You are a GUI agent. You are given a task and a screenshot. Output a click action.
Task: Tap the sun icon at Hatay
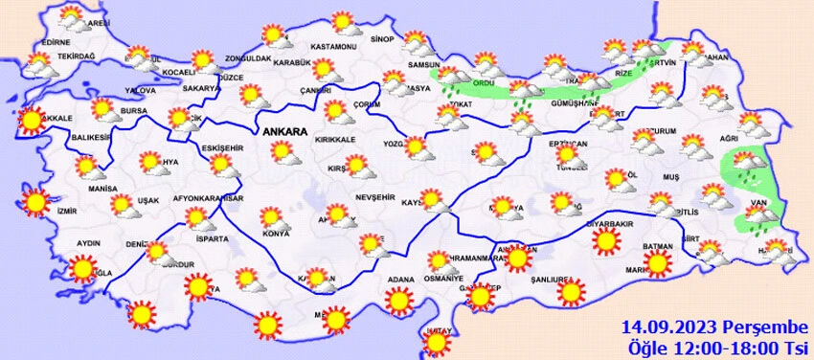[436, 341]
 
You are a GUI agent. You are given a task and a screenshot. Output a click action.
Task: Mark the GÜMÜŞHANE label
[575, 102]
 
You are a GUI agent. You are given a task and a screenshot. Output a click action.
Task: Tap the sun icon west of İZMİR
[36, 202]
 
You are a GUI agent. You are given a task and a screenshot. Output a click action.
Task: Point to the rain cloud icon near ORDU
[522, 94]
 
